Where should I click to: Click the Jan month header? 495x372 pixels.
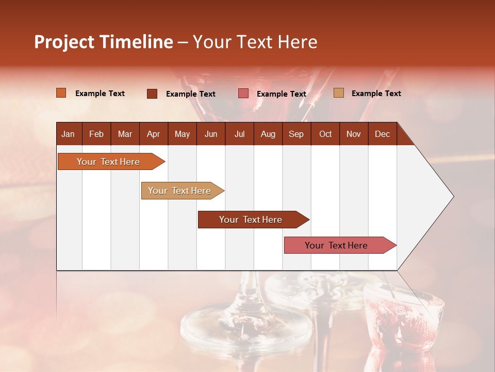69,134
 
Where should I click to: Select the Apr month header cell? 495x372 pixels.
153,134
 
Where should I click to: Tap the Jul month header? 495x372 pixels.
239,134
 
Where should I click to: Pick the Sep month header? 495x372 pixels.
296,134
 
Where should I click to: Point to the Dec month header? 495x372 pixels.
382,134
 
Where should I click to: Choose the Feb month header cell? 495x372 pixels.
96,134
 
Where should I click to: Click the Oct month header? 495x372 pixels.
325,134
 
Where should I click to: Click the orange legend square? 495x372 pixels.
61,93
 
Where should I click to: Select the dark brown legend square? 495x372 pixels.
152,94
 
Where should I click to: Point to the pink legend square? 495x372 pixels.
243,94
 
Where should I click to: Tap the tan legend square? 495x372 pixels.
339,93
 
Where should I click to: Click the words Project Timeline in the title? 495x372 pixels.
104,42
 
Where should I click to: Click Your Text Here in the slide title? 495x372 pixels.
255,42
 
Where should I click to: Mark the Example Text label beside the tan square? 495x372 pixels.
376,94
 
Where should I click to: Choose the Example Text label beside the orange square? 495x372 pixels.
100,94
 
